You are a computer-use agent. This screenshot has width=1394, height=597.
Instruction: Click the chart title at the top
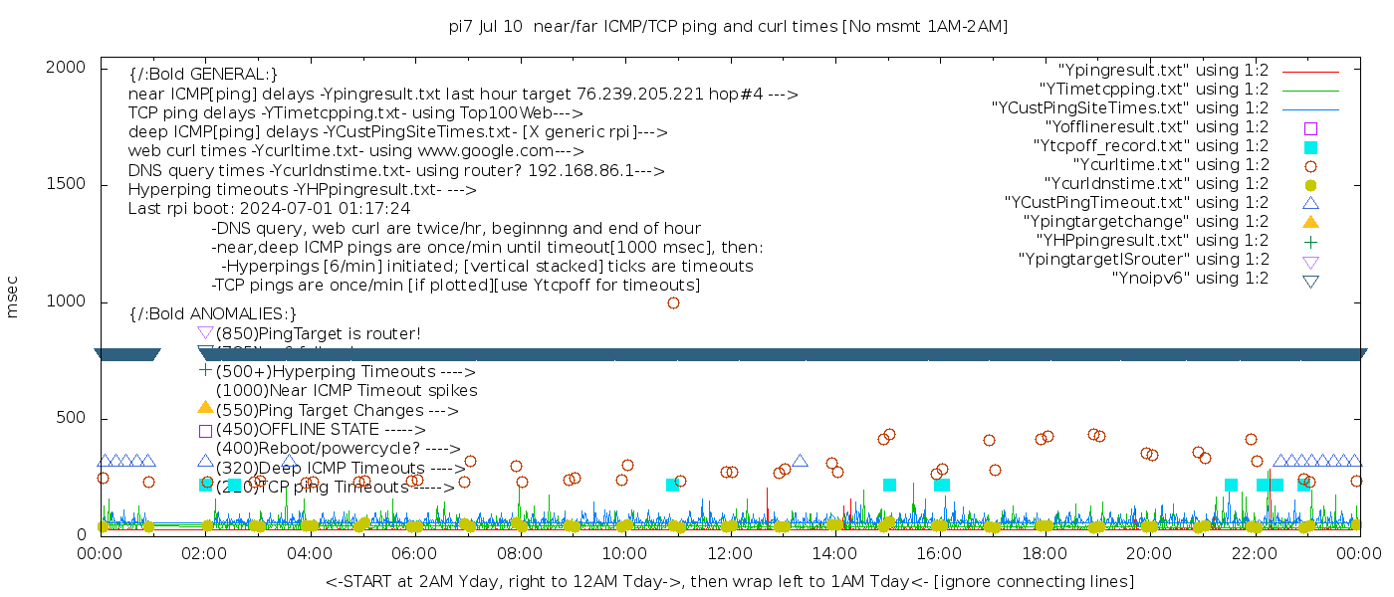click(728, 27)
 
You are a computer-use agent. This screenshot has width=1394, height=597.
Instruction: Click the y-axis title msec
click(13, 297)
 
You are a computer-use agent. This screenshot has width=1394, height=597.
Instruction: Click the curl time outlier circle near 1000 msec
click(673, 302)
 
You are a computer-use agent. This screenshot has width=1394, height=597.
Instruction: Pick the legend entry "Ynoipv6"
click(1190, 279)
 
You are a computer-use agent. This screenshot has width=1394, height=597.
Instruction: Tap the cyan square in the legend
click(1310, 147)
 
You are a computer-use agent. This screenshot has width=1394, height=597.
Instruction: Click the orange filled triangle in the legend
click(1310, 222)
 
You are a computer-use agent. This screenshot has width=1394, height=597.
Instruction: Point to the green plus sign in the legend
click(1310, 241)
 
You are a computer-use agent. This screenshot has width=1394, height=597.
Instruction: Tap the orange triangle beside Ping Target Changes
click(205, 407)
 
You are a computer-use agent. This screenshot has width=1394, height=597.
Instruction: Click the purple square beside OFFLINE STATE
click(205, 431)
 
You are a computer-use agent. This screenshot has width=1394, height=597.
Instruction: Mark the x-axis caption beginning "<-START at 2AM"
click(729, 581)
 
